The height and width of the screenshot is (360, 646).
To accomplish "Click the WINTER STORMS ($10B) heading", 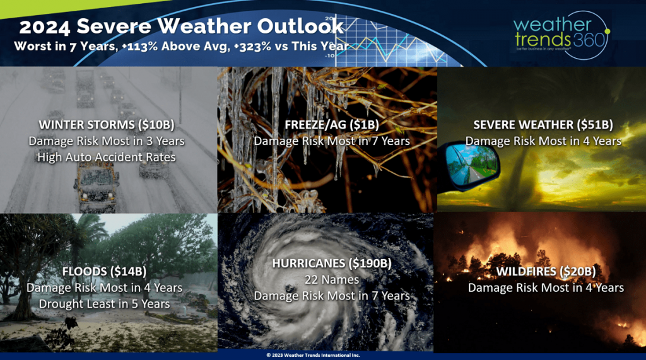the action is point(106,124).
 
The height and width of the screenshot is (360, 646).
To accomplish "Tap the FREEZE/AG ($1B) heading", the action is point(332,124).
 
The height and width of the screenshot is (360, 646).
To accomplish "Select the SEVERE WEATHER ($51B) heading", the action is point(543,124).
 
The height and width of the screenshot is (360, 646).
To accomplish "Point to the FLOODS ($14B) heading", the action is point(104,271).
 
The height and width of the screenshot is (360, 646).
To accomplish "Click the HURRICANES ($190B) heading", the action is point(332,263).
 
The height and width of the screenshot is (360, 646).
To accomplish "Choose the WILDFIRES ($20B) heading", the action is point(546,271).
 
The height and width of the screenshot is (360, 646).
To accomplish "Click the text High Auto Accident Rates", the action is point(106,157).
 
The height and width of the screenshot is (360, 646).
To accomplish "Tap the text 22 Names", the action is point(332,279).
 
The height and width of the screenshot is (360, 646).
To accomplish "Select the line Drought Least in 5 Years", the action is point(104,303).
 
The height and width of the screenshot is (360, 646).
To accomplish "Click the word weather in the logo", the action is point(552,25).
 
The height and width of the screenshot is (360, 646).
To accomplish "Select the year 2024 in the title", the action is point(45,27).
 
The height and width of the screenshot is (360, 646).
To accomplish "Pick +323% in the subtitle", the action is point(252,46).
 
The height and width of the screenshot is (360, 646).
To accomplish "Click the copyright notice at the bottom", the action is point(313,355).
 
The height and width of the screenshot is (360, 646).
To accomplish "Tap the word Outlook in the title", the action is point(300,26).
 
